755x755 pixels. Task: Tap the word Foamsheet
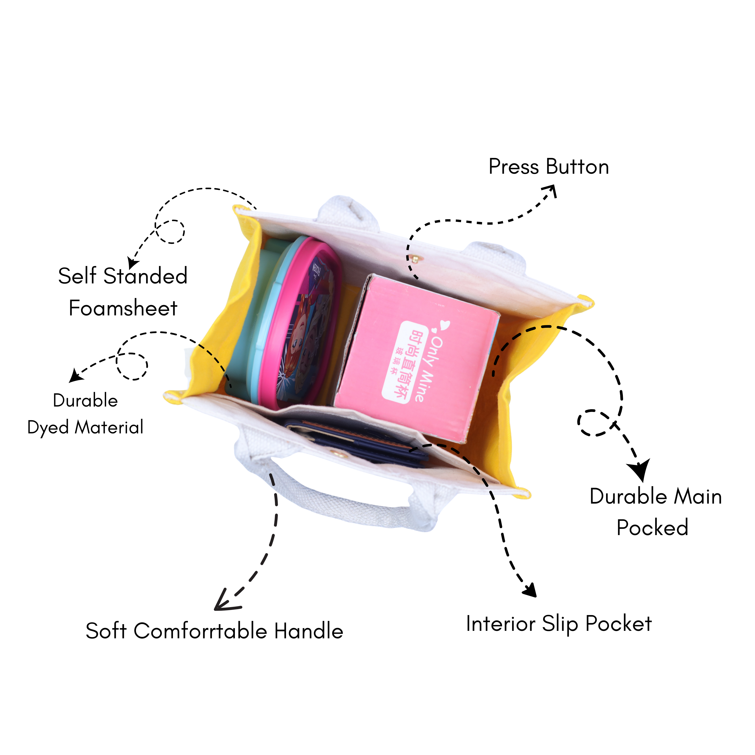[x=123, y=308]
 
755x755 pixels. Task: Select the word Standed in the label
[x=145, y=276]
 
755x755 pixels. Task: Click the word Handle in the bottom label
[x=309, y=631]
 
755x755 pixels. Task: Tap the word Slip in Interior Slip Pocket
[x=560, y=624]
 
